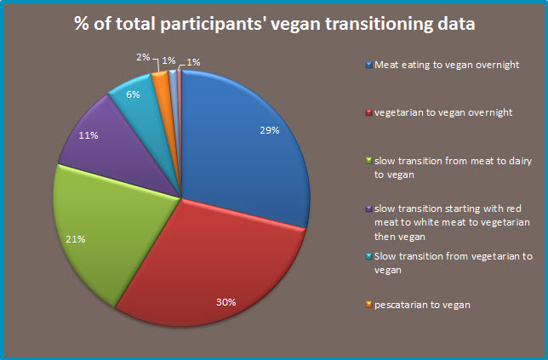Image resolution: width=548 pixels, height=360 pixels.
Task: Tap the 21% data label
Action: [76, 240]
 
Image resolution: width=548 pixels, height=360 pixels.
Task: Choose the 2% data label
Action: [143, 57]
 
